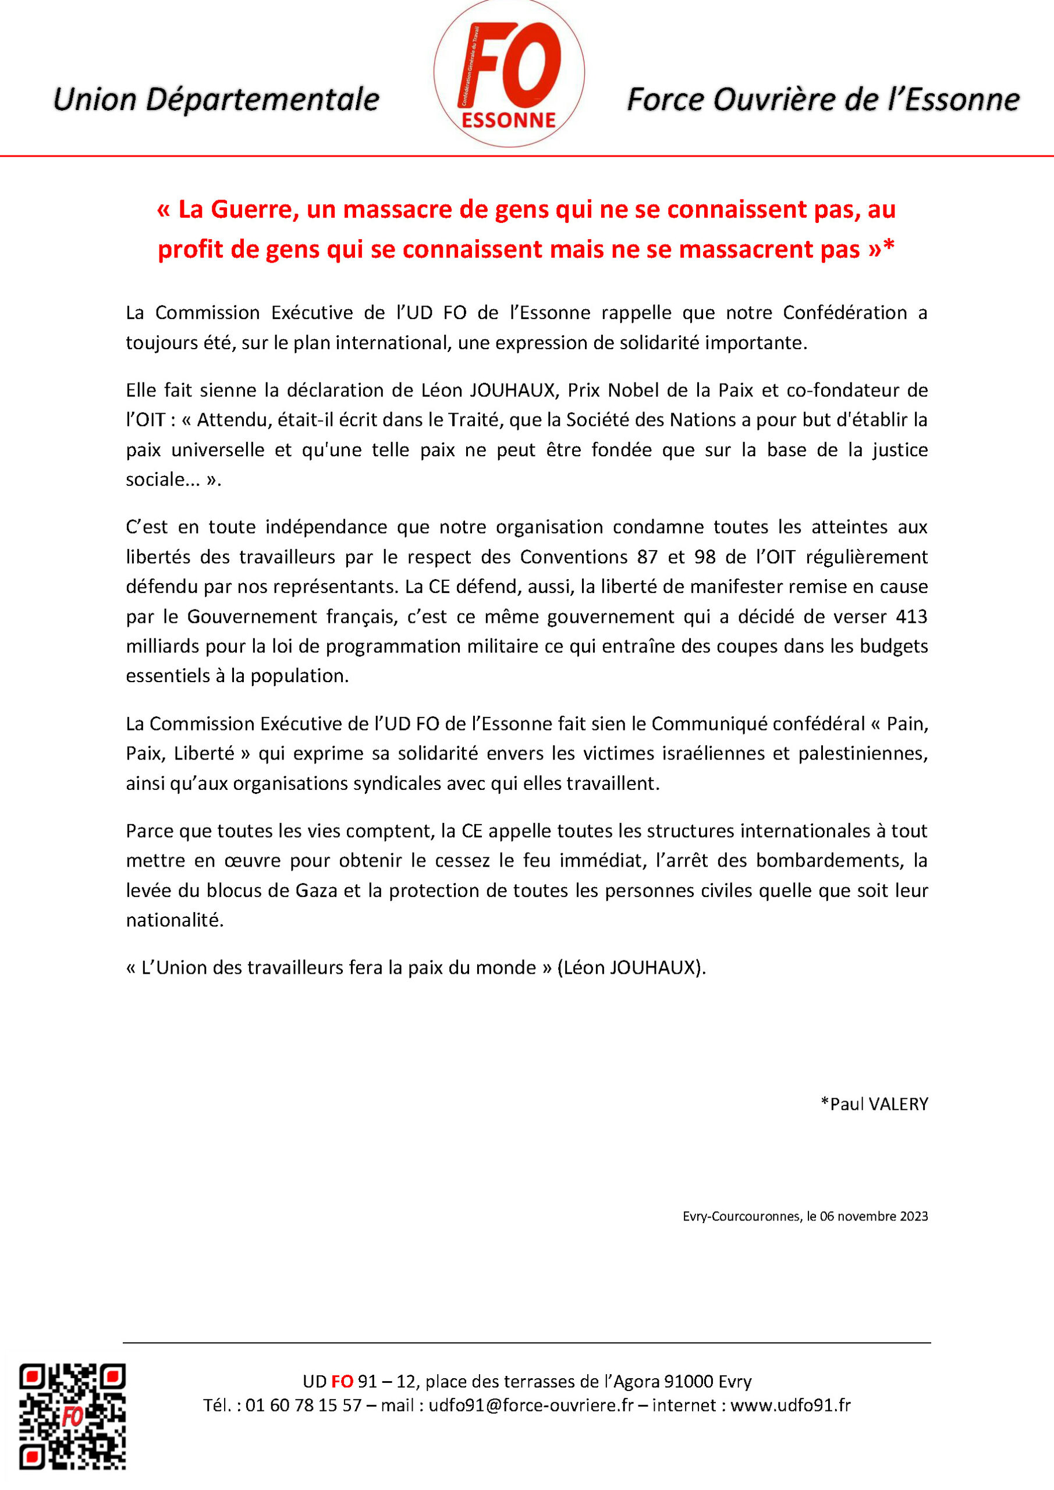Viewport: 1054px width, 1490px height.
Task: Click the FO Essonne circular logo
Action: tap(509, 73)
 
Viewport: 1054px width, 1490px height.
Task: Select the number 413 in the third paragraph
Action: tap(911, 616)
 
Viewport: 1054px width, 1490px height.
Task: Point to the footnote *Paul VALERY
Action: tap(874, 1104)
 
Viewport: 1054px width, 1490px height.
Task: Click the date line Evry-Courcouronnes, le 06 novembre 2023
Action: tap(805, 1216)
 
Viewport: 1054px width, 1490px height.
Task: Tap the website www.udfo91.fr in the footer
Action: tap(790, 1406)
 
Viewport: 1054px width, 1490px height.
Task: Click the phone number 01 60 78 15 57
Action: tap(303, 1406)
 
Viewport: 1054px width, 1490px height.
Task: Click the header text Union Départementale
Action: tap(215, 100)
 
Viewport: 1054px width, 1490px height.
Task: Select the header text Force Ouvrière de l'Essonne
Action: tap(823, 100)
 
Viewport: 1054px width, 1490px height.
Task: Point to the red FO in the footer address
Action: tap(342, 1381)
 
